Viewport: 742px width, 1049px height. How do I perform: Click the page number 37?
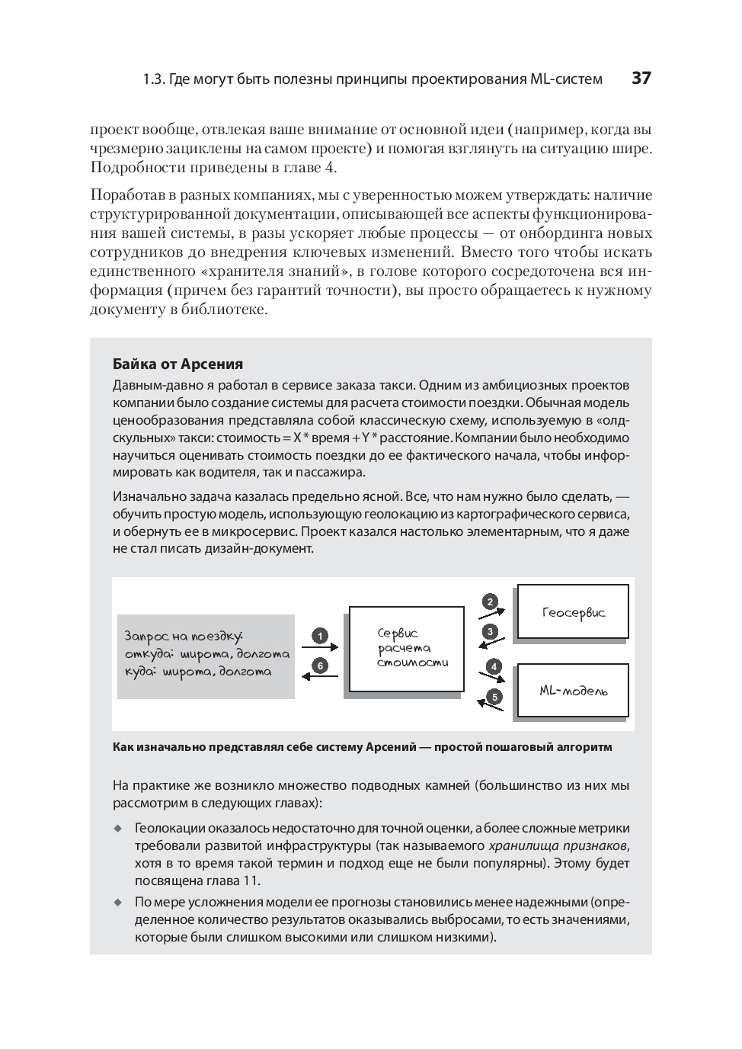pos(641,78)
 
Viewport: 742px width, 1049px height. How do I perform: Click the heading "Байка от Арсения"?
pos(178,364)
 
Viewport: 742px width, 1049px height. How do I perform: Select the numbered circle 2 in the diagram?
pos(491,601)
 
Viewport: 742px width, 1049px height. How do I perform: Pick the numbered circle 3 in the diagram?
pos(491,631)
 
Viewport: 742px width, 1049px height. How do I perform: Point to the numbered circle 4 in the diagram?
pos(494,666)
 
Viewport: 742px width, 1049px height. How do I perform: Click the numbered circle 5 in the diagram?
pos(494,696)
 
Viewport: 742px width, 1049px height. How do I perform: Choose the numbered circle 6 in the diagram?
pos(321,666)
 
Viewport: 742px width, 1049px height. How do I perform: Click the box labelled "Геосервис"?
pos(573,611)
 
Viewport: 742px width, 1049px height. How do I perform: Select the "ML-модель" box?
pos(573,691)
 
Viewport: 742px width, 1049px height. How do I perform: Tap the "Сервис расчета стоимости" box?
pos(406,649)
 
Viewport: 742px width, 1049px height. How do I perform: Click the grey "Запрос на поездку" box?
pos(206,656)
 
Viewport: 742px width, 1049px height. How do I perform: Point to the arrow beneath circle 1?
pos(321,648)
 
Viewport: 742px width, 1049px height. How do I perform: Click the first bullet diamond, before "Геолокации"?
pos(118,828)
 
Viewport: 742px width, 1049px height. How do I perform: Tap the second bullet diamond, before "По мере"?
pos(118,902)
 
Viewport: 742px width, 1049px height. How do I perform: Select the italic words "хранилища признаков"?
pos(558,845)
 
